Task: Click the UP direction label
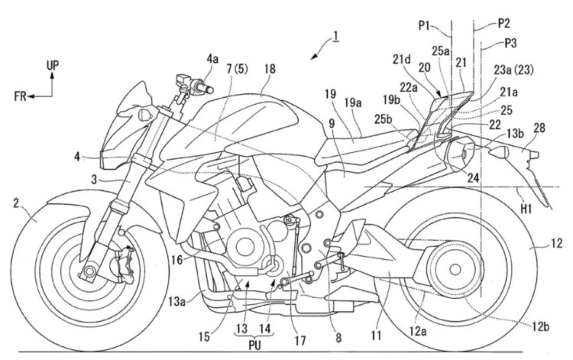tap(52, 67)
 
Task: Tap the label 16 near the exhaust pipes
tap(176, 261)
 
